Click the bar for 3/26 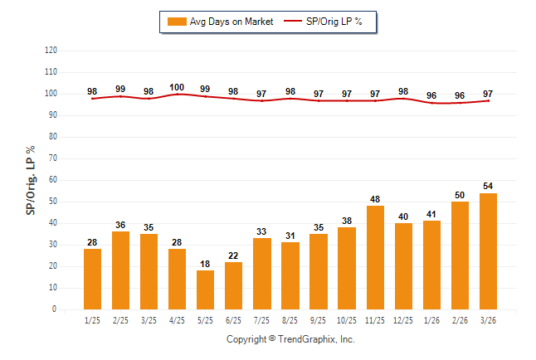(x=487, y=251)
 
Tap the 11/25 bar (x=374, y=257)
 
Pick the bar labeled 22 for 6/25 (x=233, y=285)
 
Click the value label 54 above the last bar (x=487, y=186)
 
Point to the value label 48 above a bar (x=374, y=199)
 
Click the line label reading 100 (x=177, y=87)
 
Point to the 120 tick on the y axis (x=51, y=51)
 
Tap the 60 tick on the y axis (x=53, y=180)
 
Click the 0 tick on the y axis (x=55, y=309)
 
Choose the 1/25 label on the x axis (x=92, y=319)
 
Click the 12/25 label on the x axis (x=402, y=319)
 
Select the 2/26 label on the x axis (x=459, y=319)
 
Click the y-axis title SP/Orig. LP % (x=31, y=180)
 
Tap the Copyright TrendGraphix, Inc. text (x=290, y=340)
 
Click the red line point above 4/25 (x=177, y=94)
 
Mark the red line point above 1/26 (x=431, y=103)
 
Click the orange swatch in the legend (x=177, y=21)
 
